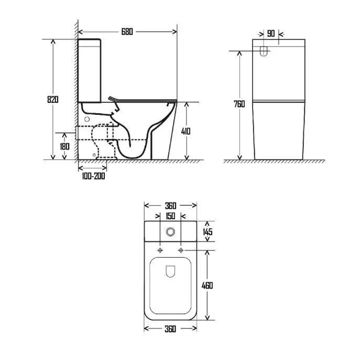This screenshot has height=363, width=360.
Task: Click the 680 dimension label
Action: tap(127, 31)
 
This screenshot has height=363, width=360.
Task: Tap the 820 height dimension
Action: tap(53, 100)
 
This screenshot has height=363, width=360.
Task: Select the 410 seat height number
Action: tap(186, 132)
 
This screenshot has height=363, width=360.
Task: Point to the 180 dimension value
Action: tap(64, 146)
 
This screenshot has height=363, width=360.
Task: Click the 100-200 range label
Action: tap(93, 176)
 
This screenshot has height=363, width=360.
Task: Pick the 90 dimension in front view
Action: tap(271, 34)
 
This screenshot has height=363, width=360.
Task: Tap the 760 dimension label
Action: tap(239, 104)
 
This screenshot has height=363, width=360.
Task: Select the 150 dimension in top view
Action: tap(170, 216)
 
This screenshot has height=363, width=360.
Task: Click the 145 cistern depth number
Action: tap(208, 232)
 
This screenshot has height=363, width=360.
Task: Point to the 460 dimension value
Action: tap(207, 286)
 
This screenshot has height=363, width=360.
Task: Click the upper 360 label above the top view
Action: tap(170, 206)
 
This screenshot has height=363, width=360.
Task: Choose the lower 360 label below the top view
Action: tap(170, 329)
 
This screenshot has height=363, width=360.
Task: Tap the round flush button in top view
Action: tap(170, 231)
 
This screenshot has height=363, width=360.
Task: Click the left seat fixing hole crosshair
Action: tap(160, 250)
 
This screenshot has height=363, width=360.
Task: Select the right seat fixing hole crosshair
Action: tap(181, 250)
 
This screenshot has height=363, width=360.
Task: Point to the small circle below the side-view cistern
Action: tap(87, 119)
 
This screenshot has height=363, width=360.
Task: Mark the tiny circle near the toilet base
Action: tap(94, 155)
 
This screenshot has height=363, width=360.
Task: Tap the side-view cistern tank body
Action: tap(90, 71)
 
